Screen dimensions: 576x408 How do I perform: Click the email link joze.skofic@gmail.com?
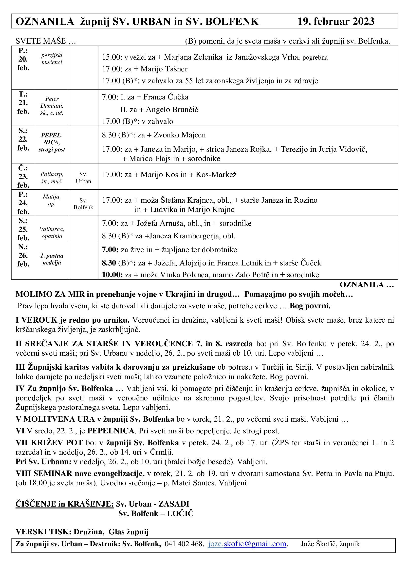(x=247, y=544)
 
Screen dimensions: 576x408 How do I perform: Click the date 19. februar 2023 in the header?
(x=336, y=21)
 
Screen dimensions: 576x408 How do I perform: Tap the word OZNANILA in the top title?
(x=45, y=22)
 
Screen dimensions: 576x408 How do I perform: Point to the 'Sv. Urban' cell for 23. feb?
(x=83, y=178)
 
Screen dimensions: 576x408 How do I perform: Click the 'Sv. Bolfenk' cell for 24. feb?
(x=83, y=204)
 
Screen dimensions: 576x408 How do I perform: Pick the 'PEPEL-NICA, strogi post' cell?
(x=52, y=143)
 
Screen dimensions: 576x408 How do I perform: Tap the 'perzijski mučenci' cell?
(x=52, y=59)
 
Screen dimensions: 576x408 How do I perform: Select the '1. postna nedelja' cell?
(x=52, y=259)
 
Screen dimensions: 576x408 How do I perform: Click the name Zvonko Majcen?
(x=179, y=135)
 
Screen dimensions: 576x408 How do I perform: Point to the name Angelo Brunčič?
(x=172, y=110)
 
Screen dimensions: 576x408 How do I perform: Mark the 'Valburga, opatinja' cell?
(x=52, y=232)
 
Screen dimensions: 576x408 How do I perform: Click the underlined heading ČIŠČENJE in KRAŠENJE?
(x=65, y=504)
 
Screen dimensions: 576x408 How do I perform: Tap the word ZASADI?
(x=174, y=504)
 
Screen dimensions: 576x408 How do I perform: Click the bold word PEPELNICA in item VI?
(x=111, y=431)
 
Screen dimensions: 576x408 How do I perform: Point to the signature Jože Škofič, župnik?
(x=330, y=544)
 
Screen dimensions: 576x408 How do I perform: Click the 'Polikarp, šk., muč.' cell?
(x=52, y=178)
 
